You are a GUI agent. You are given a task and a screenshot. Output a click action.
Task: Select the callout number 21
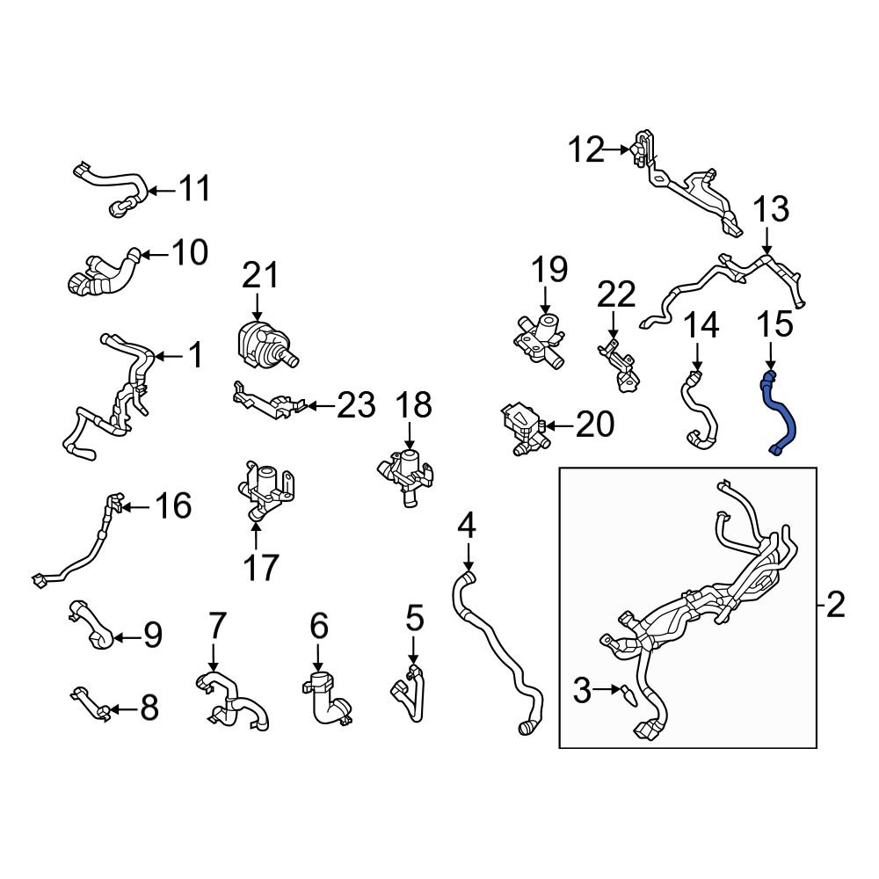(260, 275)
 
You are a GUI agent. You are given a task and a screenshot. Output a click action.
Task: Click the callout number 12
(586, 150)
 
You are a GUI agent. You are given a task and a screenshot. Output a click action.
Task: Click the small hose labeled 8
(90, 703)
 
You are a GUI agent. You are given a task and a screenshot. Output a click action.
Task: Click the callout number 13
(770, 210)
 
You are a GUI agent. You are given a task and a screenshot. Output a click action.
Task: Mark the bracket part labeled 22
(621, 365)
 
